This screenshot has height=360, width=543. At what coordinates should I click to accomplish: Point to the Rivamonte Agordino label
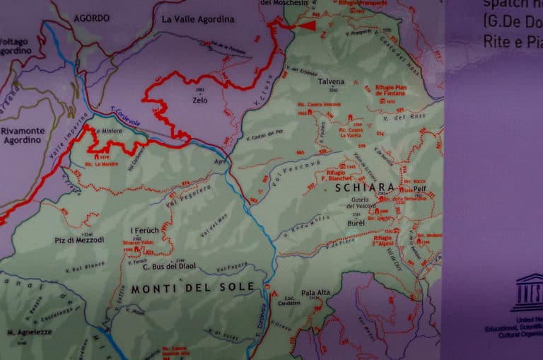tap(22, 135)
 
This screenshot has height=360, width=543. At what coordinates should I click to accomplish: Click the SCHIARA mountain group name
tap(366, 188)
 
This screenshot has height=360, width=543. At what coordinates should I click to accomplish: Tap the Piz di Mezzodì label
tap(78, 240)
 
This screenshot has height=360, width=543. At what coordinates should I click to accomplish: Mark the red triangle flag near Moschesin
tap(308, 25)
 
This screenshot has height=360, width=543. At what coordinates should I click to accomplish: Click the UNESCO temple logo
tap(529, 292)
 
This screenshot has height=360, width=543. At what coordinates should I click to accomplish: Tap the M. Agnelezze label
tap(28, 332)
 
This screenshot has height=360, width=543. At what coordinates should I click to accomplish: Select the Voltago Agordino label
tap(14, 46)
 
